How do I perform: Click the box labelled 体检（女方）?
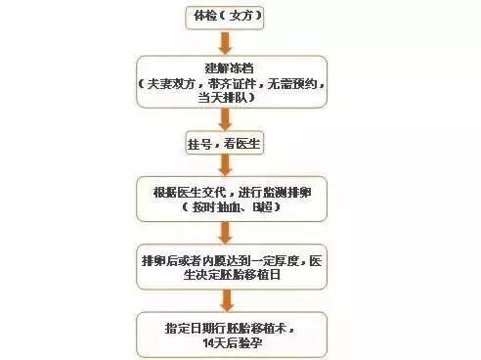coord(225,17)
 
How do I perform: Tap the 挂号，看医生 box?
coord(227,144)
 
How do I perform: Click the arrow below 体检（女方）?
coord(225,42)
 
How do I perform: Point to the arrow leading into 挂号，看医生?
coord(226,119)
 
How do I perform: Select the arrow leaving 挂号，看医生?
coord(226,166)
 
